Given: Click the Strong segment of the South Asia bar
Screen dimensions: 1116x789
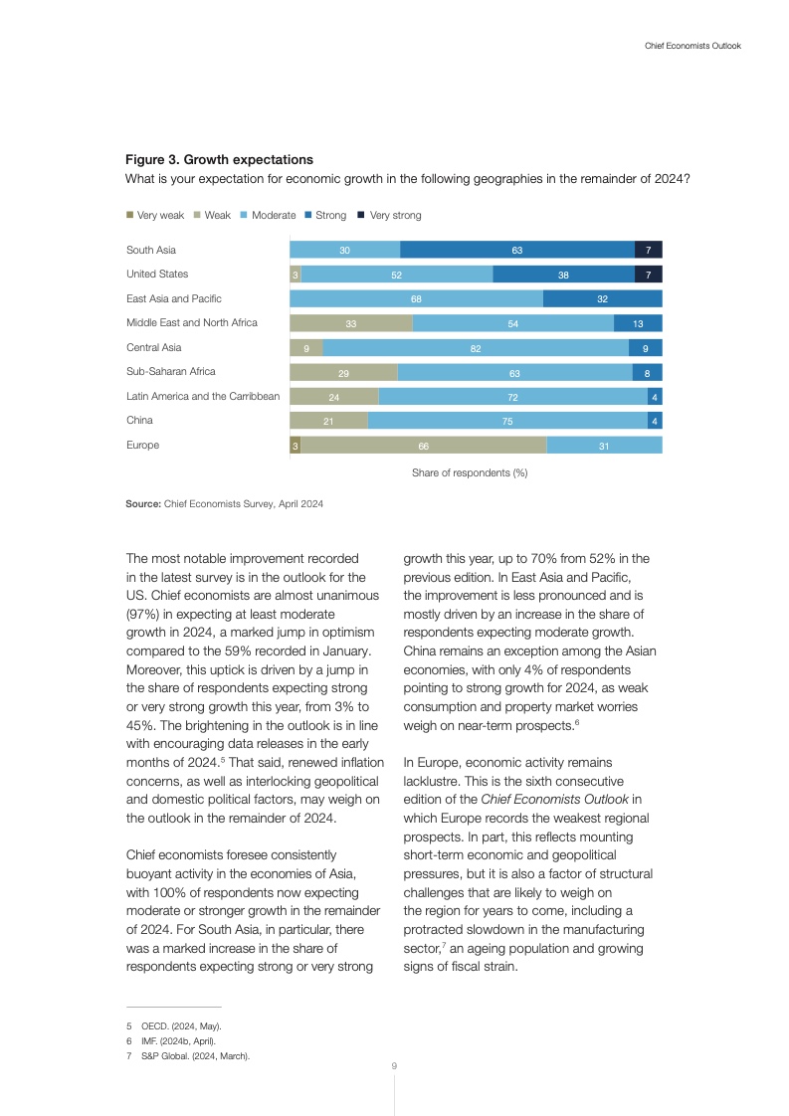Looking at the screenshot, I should tap(517, 250).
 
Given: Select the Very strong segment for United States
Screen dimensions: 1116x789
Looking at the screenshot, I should tap(649, 275).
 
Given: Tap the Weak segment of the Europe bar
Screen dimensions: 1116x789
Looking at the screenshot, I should tap(424, 446).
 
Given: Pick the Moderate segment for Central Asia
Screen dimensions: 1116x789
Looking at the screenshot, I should tap(476, 348).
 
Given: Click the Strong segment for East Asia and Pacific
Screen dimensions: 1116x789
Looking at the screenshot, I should tap(602, 298).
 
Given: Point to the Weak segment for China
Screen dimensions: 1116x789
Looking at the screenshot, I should tap(328, 422).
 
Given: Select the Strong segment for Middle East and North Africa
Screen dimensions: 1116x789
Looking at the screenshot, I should tap(638, 323).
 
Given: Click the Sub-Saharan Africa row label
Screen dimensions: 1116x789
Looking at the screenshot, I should tap(170, 372).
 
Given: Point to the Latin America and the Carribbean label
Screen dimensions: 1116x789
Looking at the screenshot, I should tap(203, 396).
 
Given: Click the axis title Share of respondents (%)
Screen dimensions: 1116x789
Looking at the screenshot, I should tap(470, 472).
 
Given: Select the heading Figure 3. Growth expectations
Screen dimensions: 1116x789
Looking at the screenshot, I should tap(219, 159).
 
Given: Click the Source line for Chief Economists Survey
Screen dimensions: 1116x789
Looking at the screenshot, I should tap(224, 504).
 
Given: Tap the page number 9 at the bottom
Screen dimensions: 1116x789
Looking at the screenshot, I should tap(394, 1066).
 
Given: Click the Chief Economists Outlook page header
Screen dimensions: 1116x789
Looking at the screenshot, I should tap(686, 46).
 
